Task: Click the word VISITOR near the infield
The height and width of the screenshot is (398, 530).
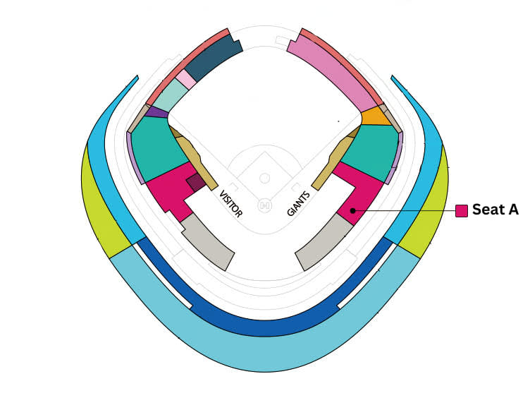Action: [x=231, y=204]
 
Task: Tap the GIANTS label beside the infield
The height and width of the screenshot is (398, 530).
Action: [x=298, y=203]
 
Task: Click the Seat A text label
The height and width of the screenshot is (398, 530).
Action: [x=495, y=210]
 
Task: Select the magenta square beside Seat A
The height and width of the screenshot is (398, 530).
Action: [x=462, y=210]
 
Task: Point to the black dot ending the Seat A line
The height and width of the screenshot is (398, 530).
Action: [x=353, y=210]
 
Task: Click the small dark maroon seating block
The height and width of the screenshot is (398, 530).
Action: [x=196, y=182]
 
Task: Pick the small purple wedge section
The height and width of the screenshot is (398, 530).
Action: [x=157, y=112]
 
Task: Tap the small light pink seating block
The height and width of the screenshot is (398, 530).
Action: [x=185, y=79]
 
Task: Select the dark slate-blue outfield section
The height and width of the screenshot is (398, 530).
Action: [x=214, y=58]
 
